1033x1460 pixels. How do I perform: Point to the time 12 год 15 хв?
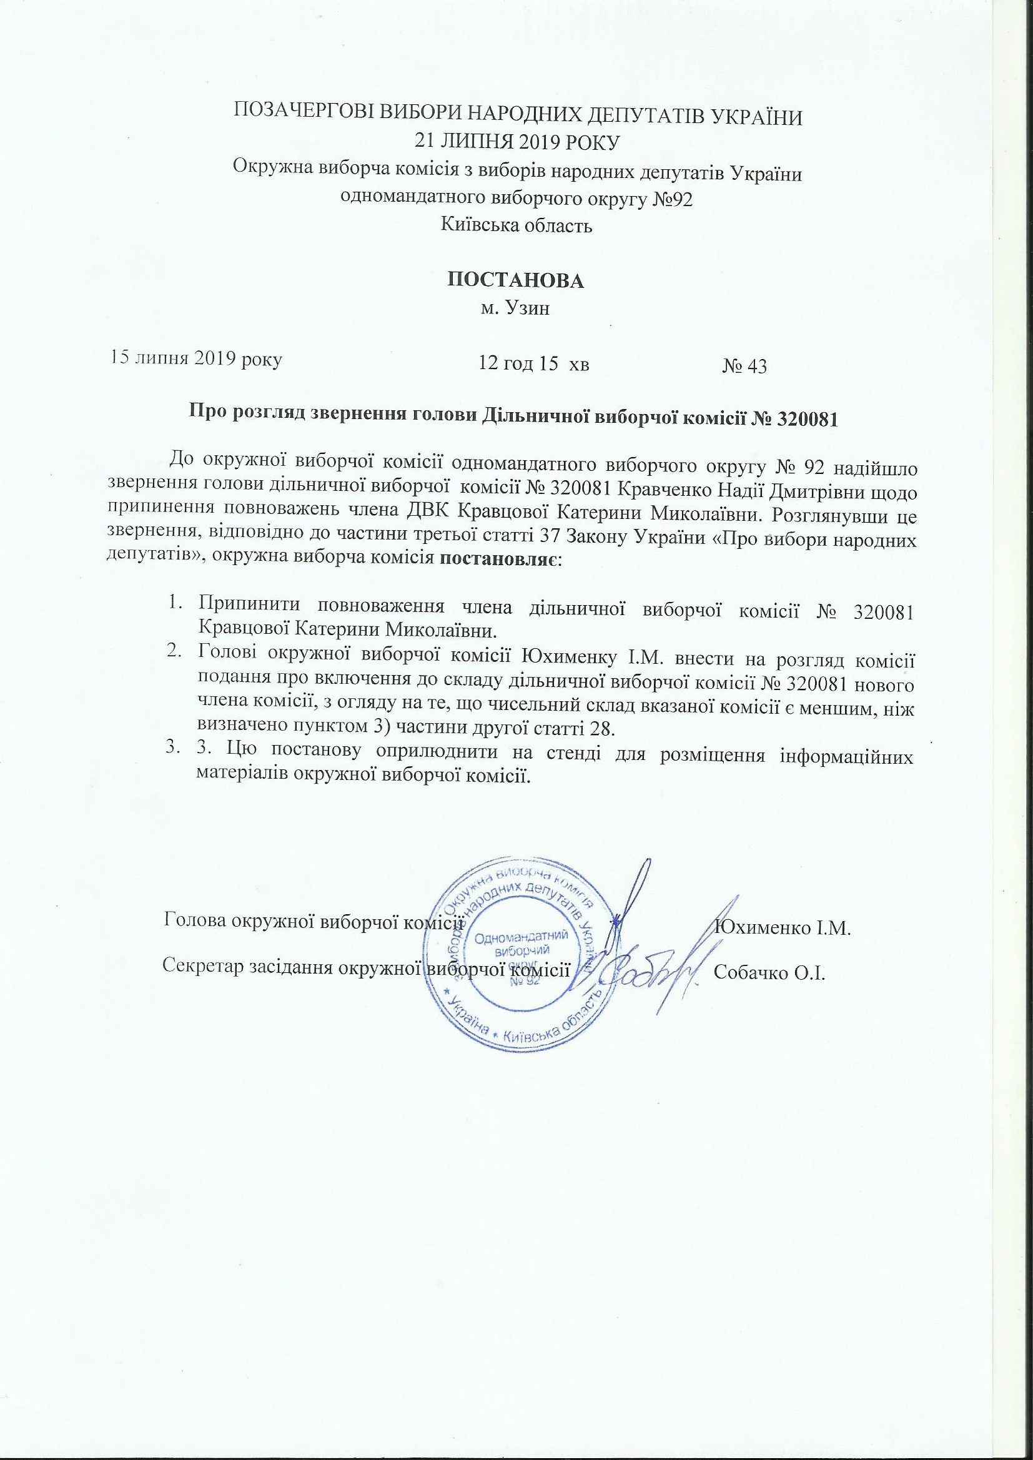[533, 363]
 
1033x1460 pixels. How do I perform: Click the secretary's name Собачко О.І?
[769, 974]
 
